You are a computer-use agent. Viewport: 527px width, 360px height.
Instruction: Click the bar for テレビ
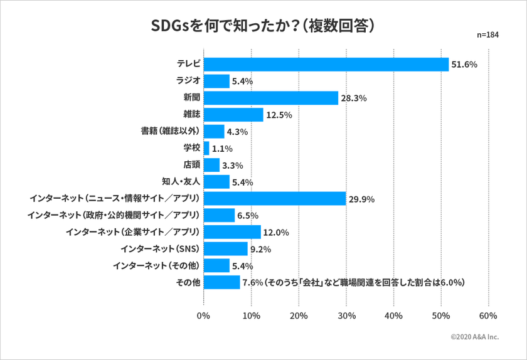[x=326, y=64]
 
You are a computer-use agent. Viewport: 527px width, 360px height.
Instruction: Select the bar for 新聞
[x=271, y=98]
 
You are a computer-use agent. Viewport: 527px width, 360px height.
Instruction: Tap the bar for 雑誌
[x=233, y=115]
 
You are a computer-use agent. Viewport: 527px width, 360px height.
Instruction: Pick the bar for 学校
[x=206, y=149]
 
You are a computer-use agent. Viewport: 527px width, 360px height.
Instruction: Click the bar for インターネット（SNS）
[x=226, y=249]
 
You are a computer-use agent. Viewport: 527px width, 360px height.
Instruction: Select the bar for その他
[x=222, y=283]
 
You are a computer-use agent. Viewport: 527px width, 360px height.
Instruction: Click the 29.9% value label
[x=361, y=199]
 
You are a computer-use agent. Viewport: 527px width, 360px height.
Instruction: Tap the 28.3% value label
[x=354, y=98]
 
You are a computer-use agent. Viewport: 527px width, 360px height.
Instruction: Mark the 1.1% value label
[x=222, y=149]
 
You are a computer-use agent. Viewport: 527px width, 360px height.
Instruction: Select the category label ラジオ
[x=188, y=81]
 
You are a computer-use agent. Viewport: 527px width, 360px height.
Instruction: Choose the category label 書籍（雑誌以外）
[x=170, y=132]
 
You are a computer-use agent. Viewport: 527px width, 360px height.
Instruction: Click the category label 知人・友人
[x=181, y=183]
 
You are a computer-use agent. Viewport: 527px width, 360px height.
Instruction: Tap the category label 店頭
[x=191, y=166]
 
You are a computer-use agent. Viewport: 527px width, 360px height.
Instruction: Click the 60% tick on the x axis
[x=488, y=315]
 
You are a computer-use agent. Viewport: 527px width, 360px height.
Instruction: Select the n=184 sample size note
[x=487, y=35]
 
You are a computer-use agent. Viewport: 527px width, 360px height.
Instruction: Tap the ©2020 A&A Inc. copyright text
[x=474, y=337]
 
